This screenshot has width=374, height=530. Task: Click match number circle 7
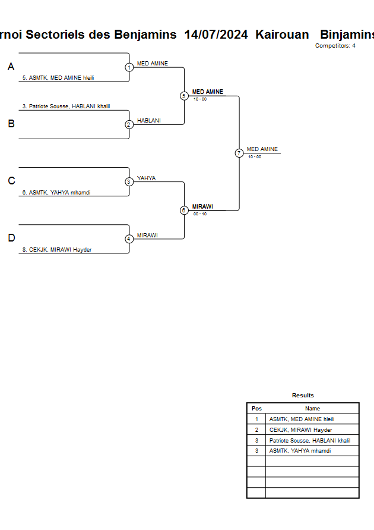pos(239,153)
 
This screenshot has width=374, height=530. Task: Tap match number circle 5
pos(184,96)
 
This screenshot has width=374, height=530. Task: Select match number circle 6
pos(184,210)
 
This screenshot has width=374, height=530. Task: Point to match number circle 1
pos(129,68)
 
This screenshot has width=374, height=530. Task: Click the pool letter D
pos(11,238)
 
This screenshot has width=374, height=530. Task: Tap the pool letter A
pos(11,67)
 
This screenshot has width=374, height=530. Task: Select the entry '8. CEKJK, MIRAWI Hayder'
pos(57,250)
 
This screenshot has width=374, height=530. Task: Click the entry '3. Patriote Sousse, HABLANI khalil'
pos(66,106)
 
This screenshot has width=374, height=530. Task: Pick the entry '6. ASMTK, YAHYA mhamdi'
pos(56,193)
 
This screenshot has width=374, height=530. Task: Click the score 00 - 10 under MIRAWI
pos(200,214)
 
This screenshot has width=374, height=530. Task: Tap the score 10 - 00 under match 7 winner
pos(255,157)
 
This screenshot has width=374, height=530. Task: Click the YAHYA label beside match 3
pos(147,178)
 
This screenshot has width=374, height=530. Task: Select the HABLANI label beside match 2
pos(149,121)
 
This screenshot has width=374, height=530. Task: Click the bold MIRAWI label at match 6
pos(202,206)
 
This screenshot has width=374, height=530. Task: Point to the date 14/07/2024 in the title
pos(216,35)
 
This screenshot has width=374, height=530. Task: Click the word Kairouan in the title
pos(282,35)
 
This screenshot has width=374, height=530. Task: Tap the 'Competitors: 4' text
pos(335,46)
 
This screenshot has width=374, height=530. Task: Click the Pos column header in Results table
pos(256,408)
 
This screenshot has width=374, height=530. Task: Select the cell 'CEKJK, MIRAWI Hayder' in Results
pos(301,430)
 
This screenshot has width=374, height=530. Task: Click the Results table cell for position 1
pos(256,419)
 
